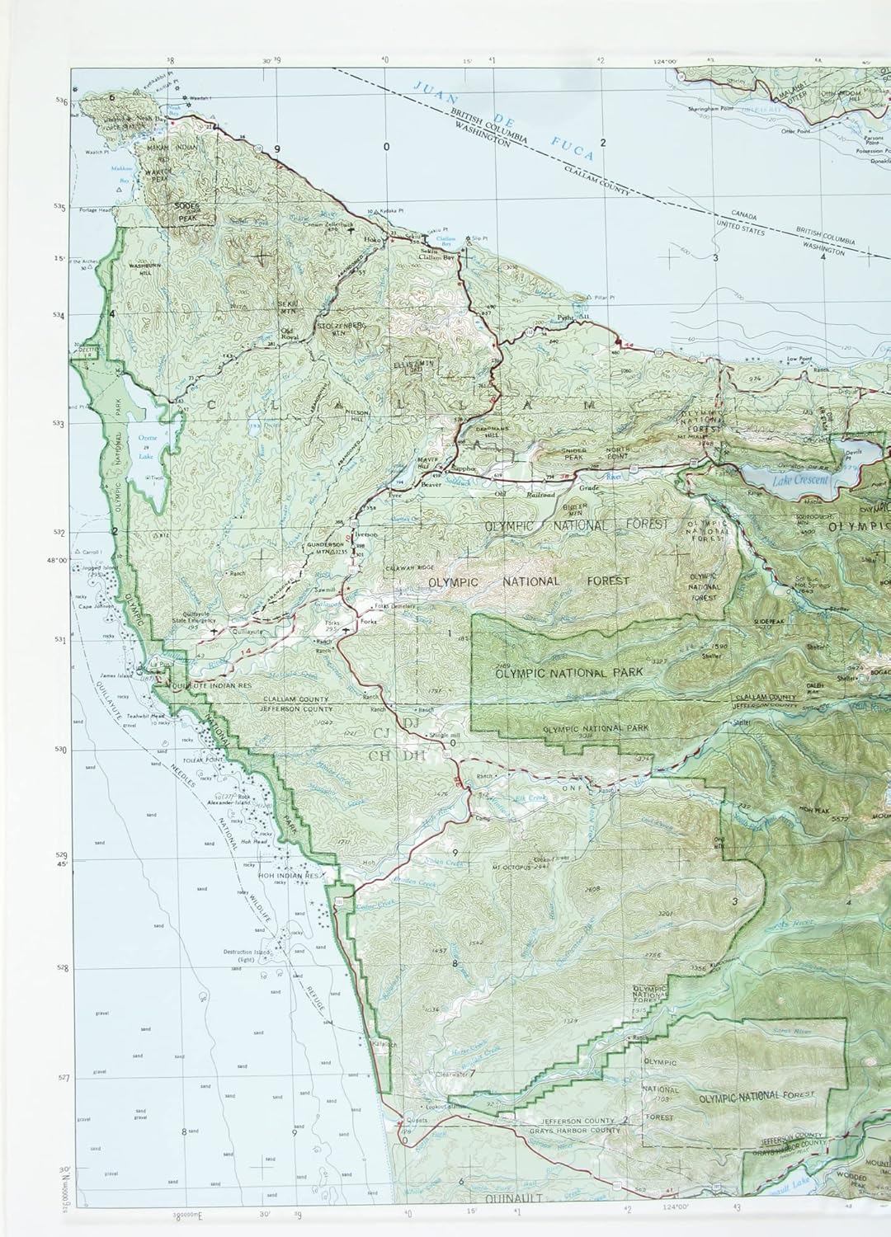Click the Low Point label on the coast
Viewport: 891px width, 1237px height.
click(795, 360)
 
